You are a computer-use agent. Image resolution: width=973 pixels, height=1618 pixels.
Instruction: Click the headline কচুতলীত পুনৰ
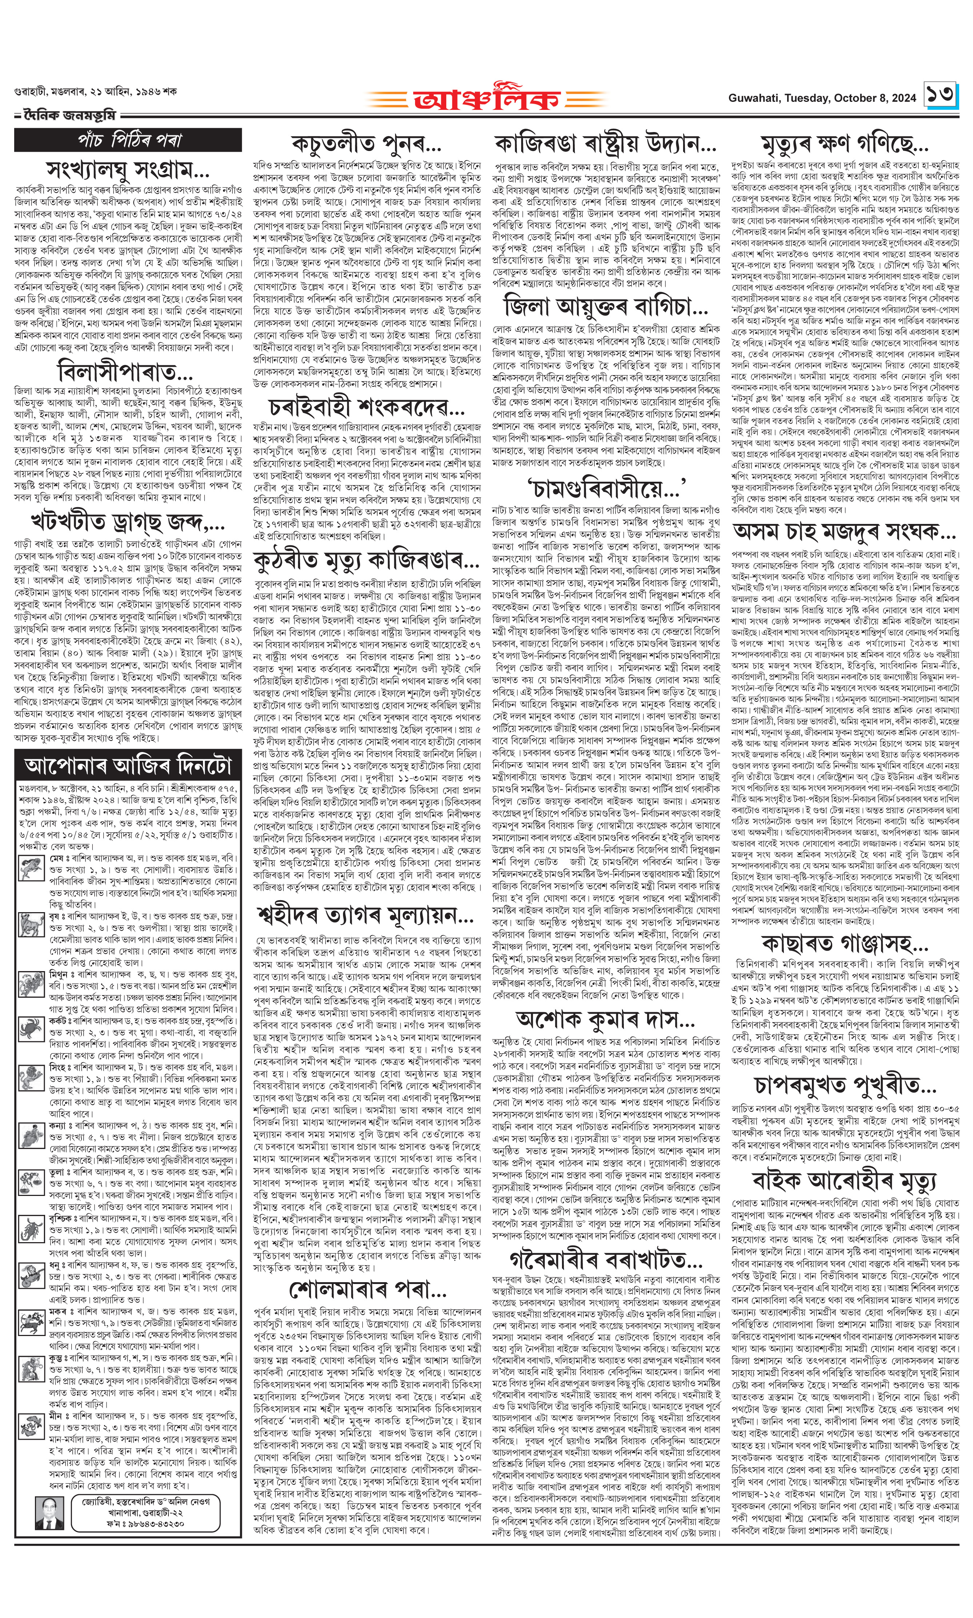pyautogui.click(x=367, y=145)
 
